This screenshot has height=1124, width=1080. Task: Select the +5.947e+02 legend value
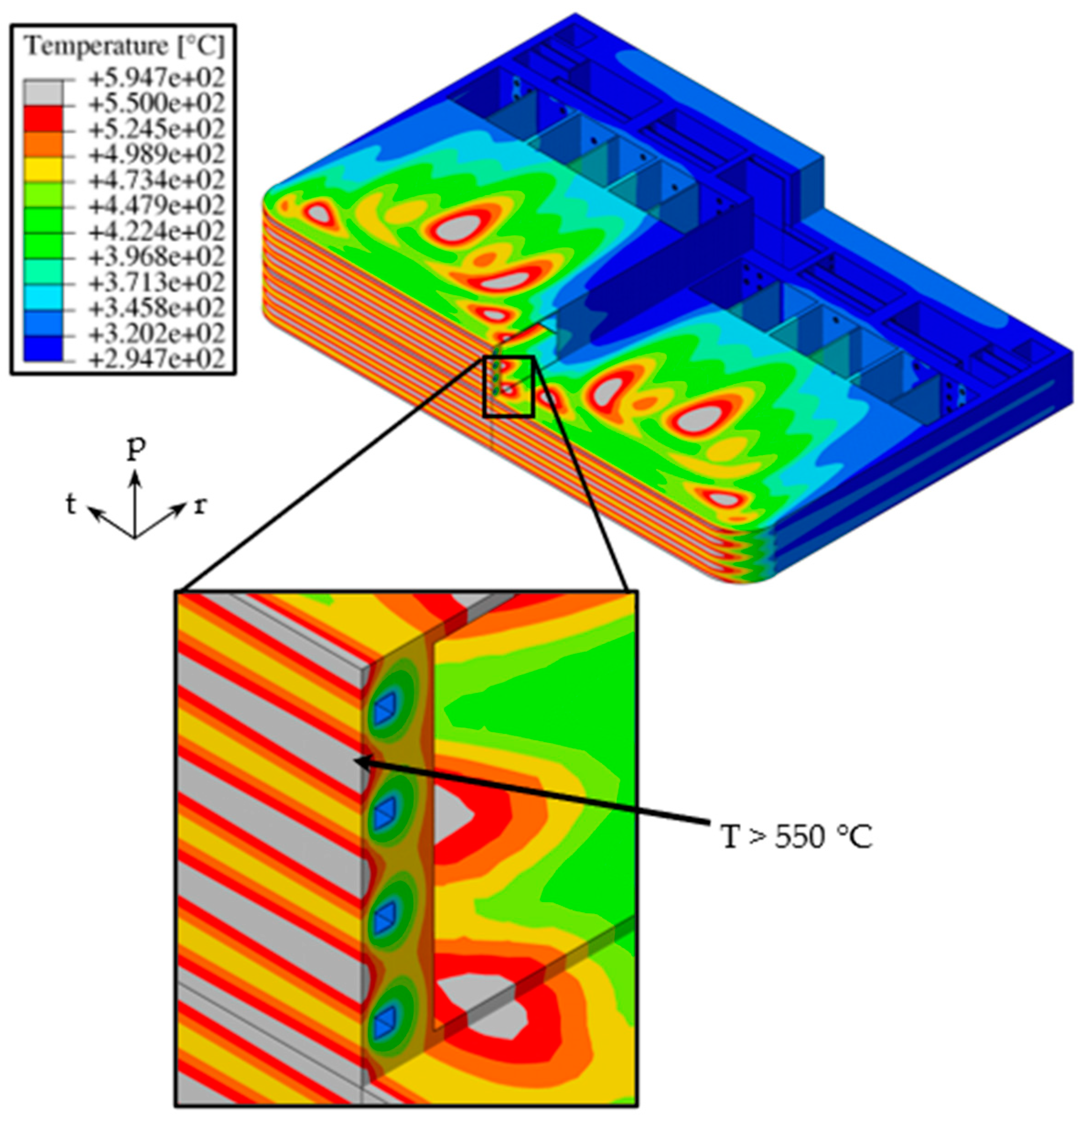pyautogui.click(x=156, y=77)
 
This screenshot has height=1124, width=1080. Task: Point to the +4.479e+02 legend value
pyautogui.click(x=156, y=205)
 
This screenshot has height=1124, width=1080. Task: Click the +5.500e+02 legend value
pyautogui.click(x=156, y=103)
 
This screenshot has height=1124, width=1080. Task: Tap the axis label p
pyautogui.click(x=135, y=450)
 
